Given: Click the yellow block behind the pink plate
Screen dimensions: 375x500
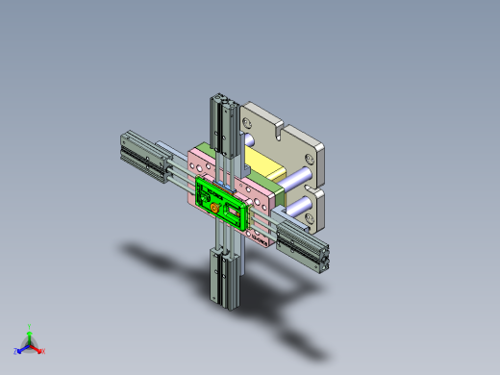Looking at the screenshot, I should (x=263, y=158).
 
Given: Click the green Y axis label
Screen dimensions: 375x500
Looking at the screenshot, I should (x=31, y=326).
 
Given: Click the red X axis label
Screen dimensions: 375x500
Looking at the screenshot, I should (x=43, y=351).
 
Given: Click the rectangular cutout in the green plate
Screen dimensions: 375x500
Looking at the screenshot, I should (x=232, y=208).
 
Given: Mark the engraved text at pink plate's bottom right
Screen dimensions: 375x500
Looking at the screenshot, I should (x=259, y=232).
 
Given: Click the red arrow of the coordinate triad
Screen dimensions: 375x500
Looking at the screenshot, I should (x=37, y=348).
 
